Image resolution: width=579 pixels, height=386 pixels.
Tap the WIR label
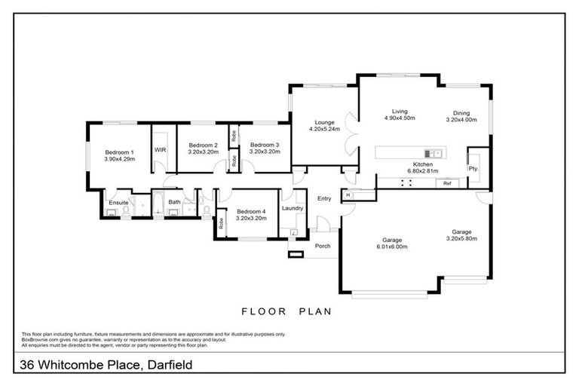[x=160, y=150]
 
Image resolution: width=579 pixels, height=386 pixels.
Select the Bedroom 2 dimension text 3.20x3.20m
[x=203, y=152]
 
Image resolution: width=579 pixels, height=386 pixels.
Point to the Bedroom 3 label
[x=265, y=145]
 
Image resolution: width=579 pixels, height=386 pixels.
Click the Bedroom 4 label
[x=251, y=212]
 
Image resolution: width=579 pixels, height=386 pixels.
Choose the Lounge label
[x=325, y=122]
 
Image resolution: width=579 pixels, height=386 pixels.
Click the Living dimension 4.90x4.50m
[x=400, y=118]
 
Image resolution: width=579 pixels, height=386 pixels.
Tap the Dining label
[x=461, y=112]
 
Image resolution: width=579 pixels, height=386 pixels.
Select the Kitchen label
[x=423, y=164]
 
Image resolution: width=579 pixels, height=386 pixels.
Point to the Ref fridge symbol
[x=447, y=183]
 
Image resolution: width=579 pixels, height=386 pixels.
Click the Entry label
[x=325, y=199]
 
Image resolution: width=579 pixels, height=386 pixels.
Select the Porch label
[x=323, y=245]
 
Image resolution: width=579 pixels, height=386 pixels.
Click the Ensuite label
[x=118, y=203]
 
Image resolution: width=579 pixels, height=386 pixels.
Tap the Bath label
[x=174, y=202]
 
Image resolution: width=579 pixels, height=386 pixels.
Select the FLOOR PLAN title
[x=286, y=311]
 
